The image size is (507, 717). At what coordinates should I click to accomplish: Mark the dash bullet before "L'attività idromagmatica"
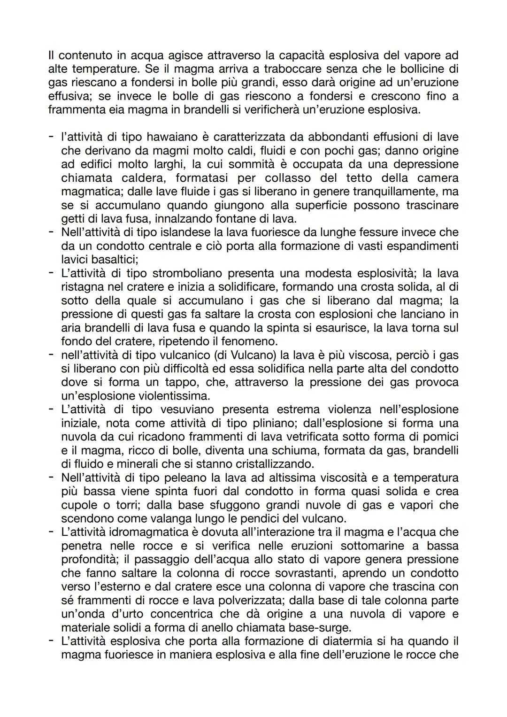pyautogui.click(x=51, y=532)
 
